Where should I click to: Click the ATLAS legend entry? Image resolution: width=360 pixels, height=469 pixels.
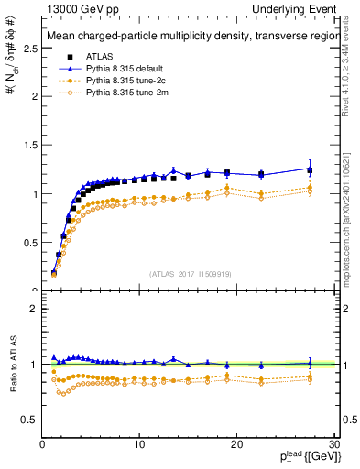[x=99, y=56]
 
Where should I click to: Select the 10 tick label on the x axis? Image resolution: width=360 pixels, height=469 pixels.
[x=139, y=444]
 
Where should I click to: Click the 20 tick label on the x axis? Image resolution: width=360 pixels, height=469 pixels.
[x=236, y=444]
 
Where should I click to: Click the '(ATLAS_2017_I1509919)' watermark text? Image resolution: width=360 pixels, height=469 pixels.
[x=190, y=273]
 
